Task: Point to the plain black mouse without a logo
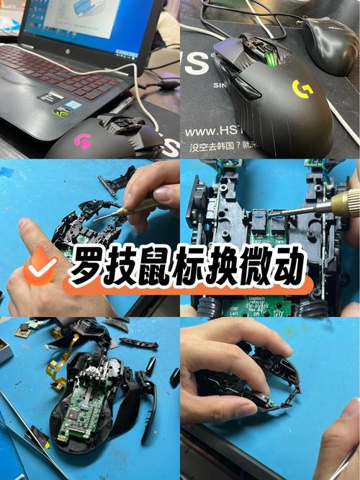tap(330, 45)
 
